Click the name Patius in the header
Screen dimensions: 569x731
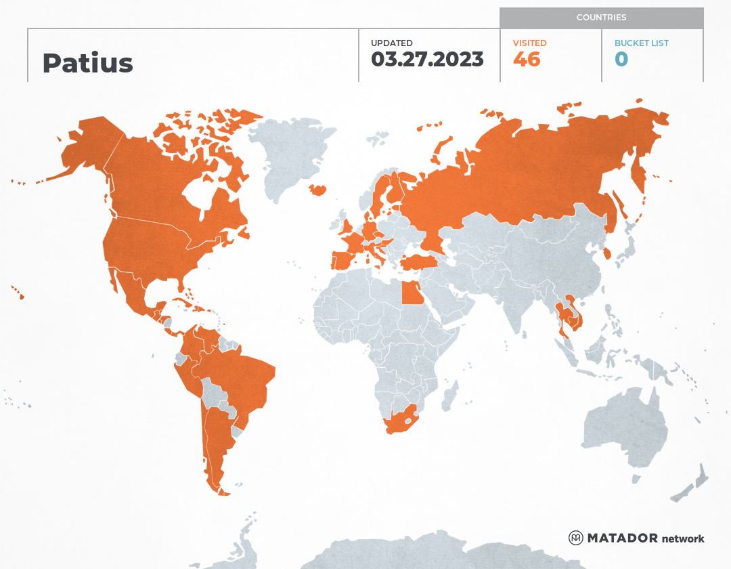pos(87,63)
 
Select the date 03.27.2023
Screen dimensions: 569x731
pos(427,59)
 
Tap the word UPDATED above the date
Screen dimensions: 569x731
pos(391,43)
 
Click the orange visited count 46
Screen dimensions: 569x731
pos(527,59)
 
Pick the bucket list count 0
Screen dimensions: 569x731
pos(621,59)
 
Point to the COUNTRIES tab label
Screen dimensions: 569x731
pos(601,18)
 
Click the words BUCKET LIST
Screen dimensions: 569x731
pos(641,43)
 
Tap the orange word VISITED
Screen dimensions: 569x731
pos(529,43)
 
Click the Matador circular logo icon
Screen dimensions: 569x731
pos(576,538)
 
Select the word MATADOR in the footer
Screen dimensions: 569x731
pos(622,538)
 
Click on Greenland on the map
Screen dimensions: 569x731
pos(288,152)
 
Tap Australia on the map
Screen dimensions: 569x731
pos(623,427)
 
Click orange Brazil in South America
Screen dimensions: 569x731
pos(244,379)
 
